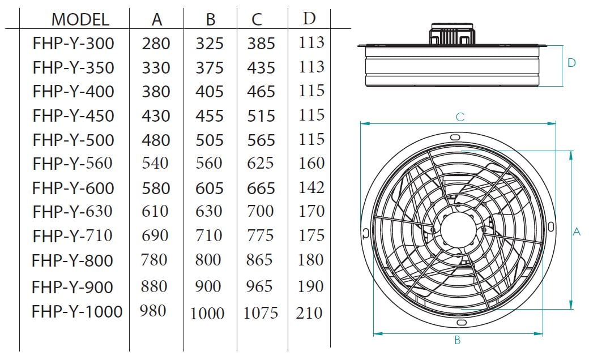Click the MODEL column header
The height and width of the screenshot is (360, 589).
click(x=80, y=19)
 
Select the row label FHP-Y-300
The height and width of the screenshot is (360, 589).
click(x=73, y=43)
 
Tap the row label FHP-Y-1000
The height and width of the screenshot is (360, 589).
click(x=77, y=311)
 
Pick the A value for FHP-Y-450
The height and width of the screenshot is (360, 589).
click(x=156, y=115)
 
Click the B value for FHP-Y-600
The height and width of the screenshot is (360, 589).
click(x=209, y=188)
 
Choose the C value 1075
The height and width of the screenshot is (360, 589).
click(x=261, y=312)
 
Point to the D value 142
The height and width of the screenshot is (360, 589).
click(x=311, y=187)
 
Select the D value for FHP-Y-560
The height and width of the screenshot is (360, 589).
click(x=311, y=163)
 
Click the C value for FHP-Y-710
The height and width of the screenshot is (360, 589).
click(x=260, y=235)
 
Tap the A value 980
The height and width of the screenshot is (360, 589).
click(x=153, y=310)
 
